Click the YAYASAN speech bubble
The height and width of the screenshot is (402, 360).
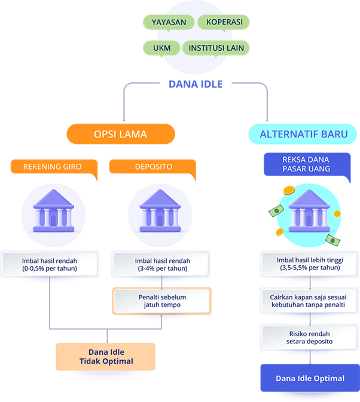(x=169, y=23)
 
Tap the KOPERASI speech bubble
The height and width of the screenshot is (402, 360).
(x=224, y=23)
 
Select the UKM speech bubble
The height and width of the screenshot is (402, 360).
(x=158, y=47)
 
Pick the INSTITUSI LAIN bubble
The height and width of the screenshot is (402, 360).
(x=216, y=47)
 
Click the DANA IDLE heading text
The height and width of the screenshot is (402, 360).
(x=195, y=84)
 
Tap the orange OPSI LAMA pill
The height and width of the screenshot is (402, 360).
(x=120, y=134)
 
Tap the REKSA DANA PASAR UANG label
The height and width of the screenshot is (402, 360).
(x=306, y=164)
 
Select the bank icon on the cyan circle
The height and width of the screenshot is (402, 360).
(x=309, y=213)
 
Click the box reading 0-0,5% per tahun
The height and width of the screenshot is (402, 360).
(x=50, y=265)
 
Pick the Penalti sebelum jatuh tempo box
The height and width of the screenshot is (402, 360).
(x=161, y=300)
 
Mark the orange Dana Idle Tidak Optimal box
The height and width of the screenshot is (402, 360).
(x=106, y=357)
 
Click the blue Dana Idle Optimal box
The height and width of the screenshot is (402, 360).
(x=310, y=378)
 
